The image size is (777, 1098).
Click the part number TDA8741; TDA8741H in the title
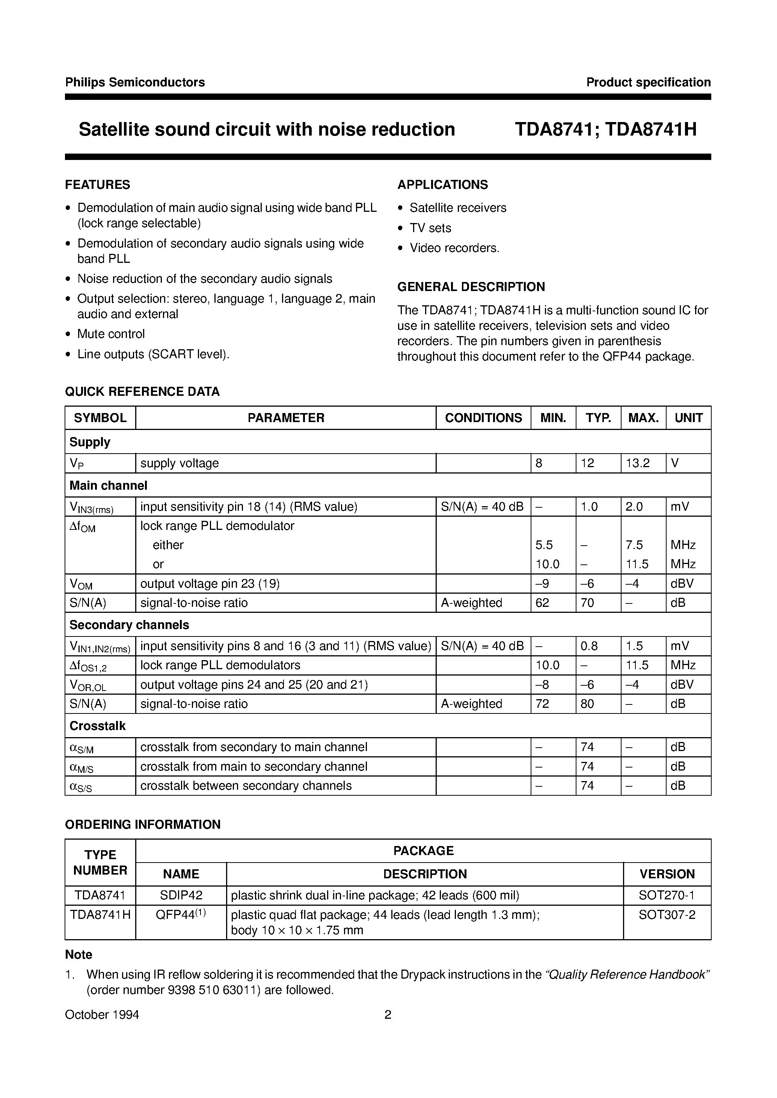(x=605, y=130)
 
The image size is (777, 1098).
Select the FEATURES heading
(x=98, y=185)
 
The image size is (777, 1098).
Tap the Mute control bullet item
(x=111, y=334)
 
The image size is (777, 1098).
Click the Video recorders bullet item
(x=454, y=248)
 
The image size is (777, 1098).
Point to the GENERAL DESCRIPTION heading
(x=471, y=287)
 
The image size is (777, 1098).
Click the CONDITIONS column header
(x=483, y=418)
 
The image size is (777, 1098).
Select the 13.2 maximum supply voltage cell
(x=638, y=463)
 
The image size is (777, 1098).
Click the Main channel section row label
(x=108, y=486)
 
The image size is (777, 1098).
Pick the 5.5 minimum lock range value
(x=544, y=545)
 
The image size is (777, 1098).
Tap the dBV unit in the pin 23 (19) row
(x=682, y=584)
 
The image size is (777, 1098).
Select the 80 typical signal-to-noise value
(x=587, y=704)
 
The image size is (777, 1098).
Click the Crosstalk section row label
(x=98, y=726)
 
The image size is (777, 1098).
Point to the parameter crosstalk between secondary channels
(x=246, y=786)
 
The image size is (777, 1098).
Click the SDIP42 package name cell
(x=181, y=895)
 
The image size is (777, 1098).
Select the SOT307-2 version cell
(x=667, y=915)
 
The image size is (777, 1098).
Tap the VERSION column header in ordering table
(x=667, y=874)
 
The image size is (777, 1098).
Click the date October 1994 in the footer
(x=102, y=1015)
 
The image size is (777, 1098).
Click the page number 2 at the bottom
(x=388, y=1015)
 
